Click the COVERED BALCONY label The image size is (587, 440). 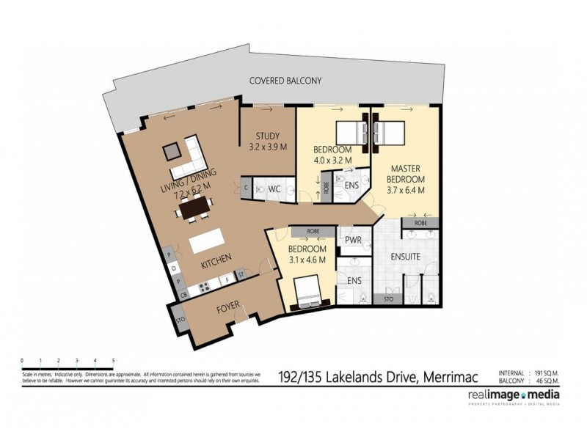[285, 82]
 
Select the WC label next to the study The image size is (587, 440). [274, 189]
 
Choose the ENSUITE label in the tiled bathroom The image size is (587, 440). [405, 257]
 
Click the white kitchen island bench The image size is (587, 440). [205, 243]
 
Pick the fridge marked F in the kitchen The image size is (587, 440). [228, 279]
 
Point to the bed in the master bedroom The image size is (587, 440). [390, 134]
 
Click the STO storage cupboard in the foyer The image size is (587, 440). [178, 319]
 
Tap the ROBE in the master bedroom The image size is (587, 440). [420, 222]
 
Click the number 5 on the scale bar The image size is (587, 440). [113, 360]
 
